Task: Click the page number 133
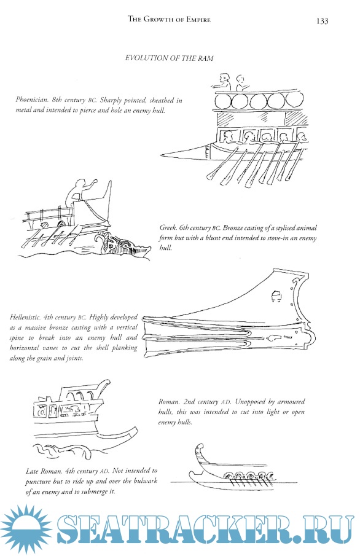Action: (322, 21)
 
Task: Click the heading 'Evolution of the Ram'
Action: (169, 58)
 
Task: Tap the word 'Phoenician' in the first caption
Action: (31, 100)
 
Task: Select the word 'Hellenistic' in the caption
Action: (25, 317)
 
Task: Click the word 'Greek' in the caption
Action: (168, 228)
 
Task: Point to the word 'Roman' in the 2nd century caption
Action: (169, 402)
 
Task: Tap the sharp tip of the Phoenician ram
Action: (161, 155)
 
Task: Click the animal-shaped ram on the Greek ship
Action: (122, 245)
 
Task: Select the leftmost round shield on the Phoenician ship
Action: (222, 101)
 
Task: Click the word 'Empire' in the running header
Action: (198, 20)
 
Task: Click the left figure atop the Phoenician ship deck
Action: (223, 82)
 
